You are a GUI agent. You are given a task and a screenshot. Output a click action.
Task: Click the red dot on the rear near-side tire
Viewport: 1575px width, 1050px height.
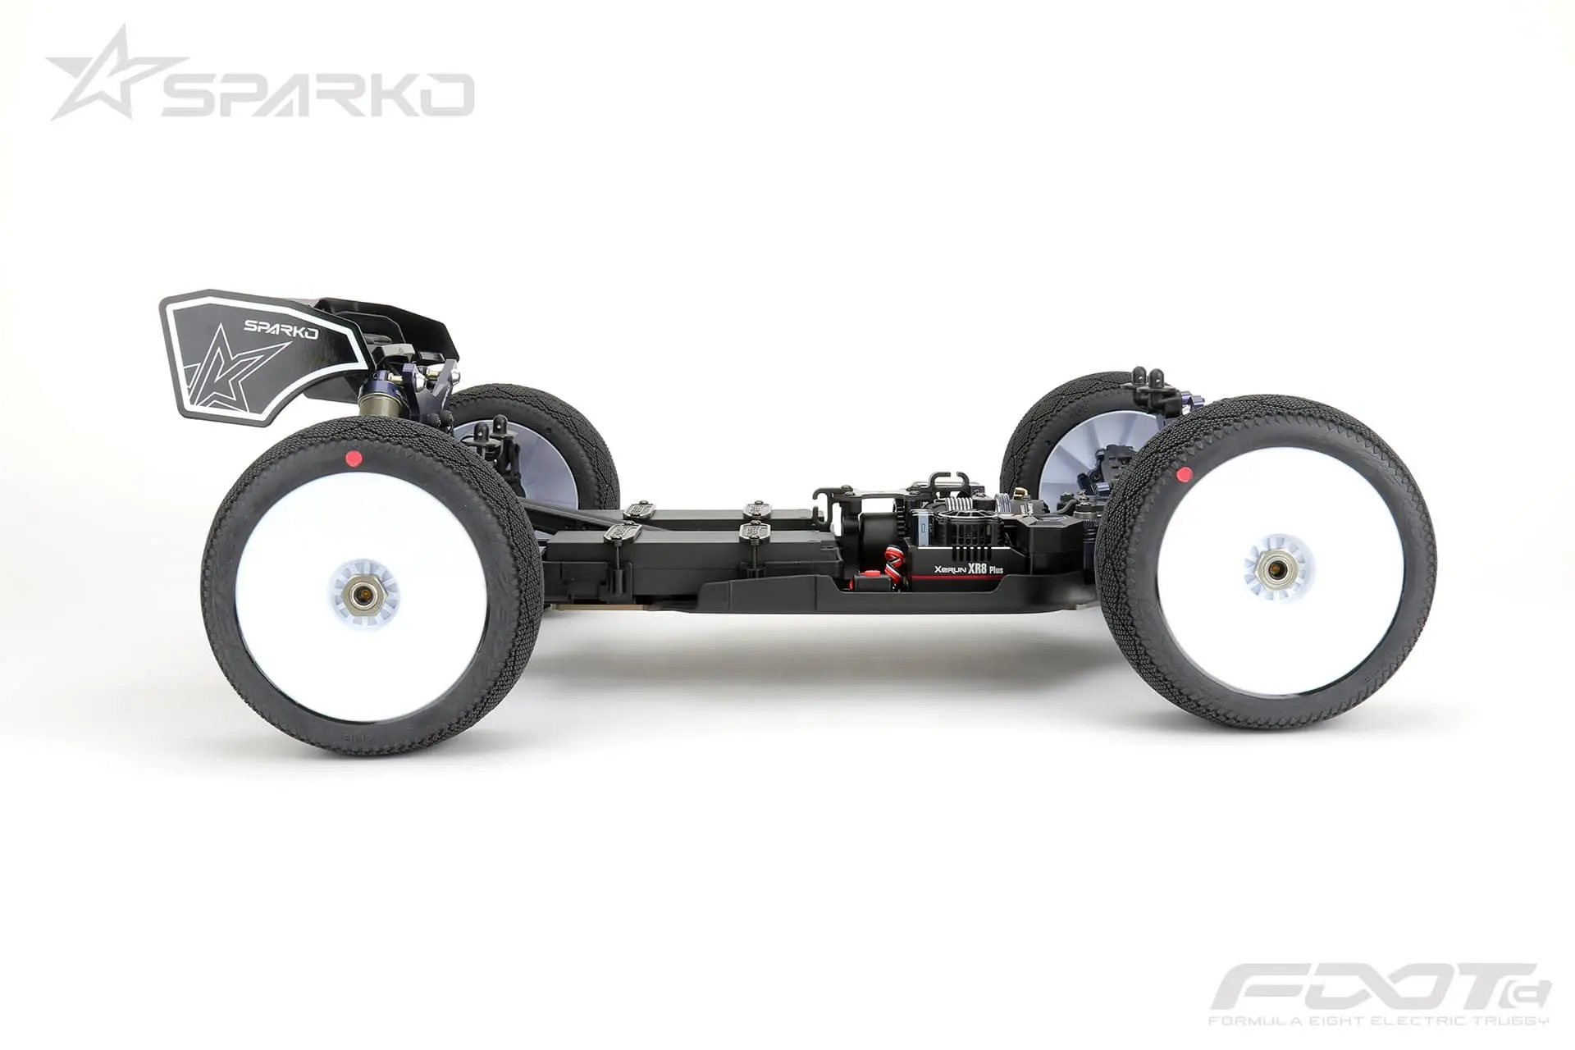pos(354,458)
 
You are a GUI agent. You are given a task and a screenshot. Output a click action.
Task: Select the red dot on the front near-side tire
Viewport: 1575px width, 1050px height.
pos(1182,473)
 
